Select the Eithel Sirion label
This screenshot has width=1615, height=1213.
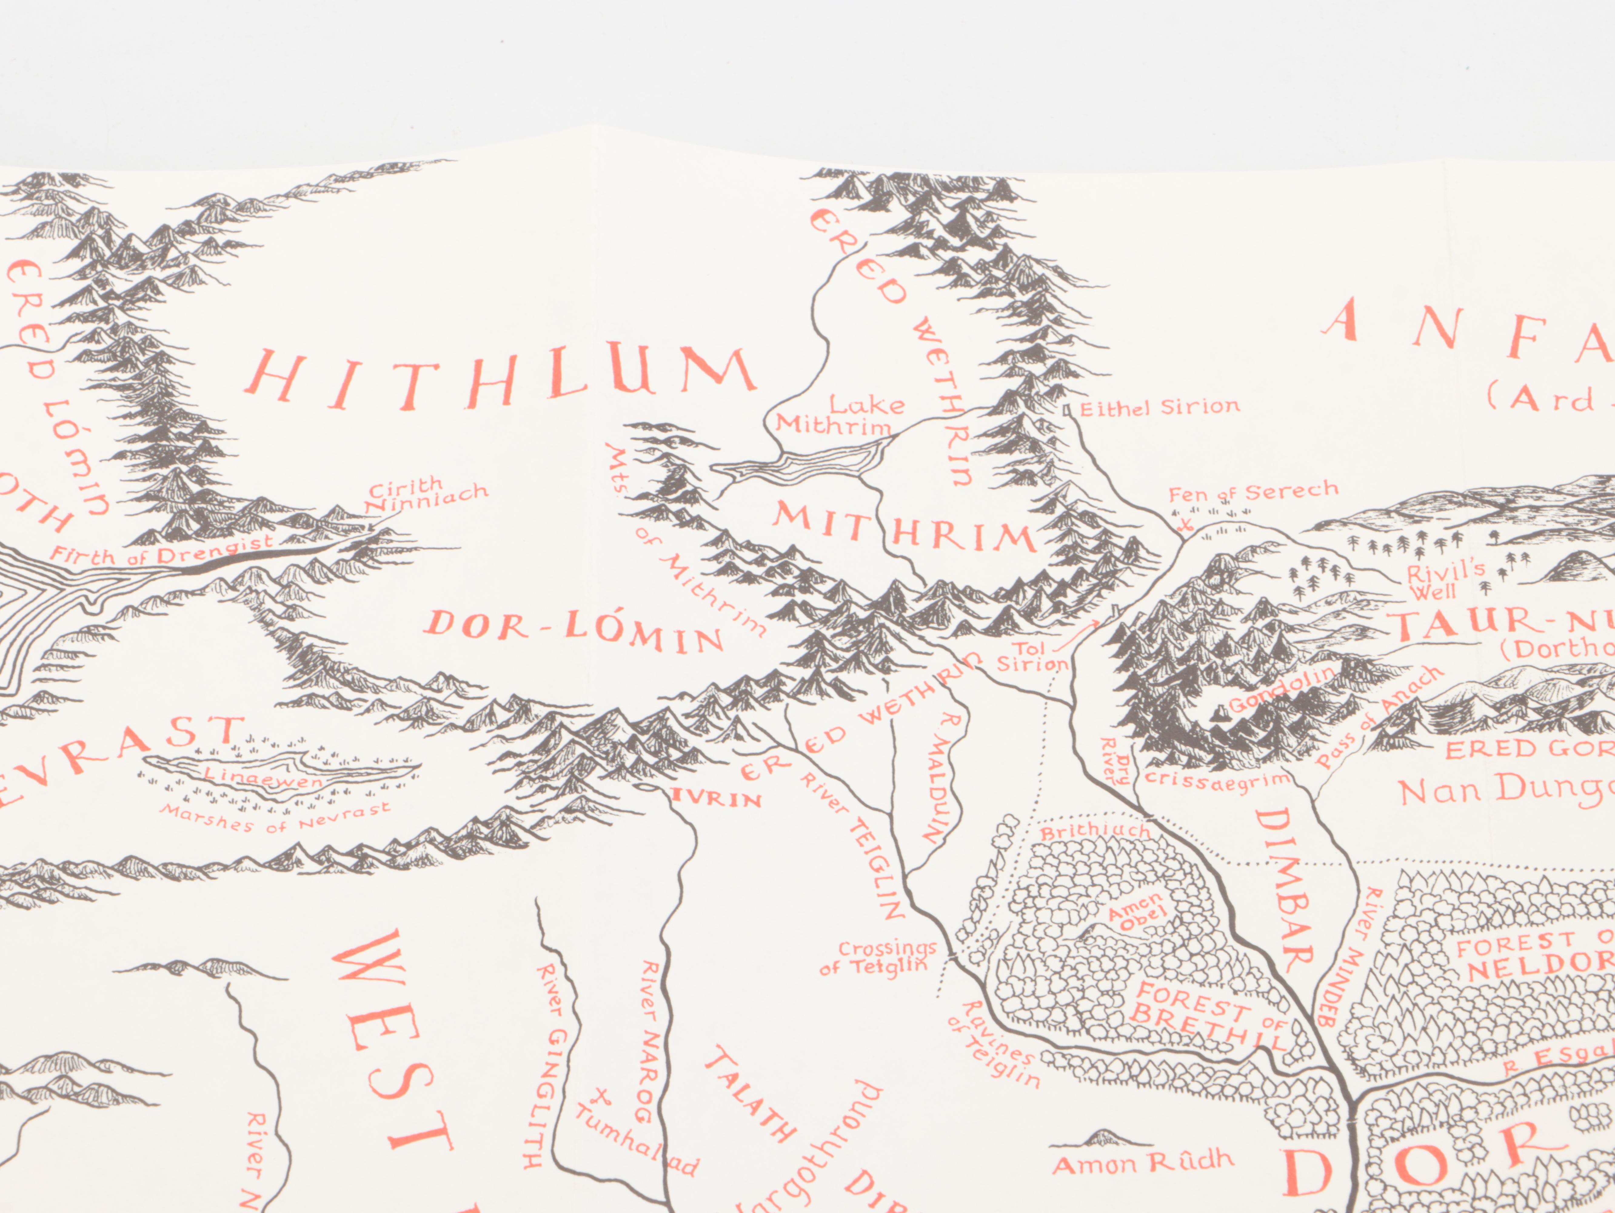(x=1159, y=408)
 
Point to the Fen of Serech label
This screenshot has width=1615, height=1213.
(x=1253, y=494)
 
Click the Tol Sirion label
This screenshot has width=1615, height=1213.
(x=1032, y=657)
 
